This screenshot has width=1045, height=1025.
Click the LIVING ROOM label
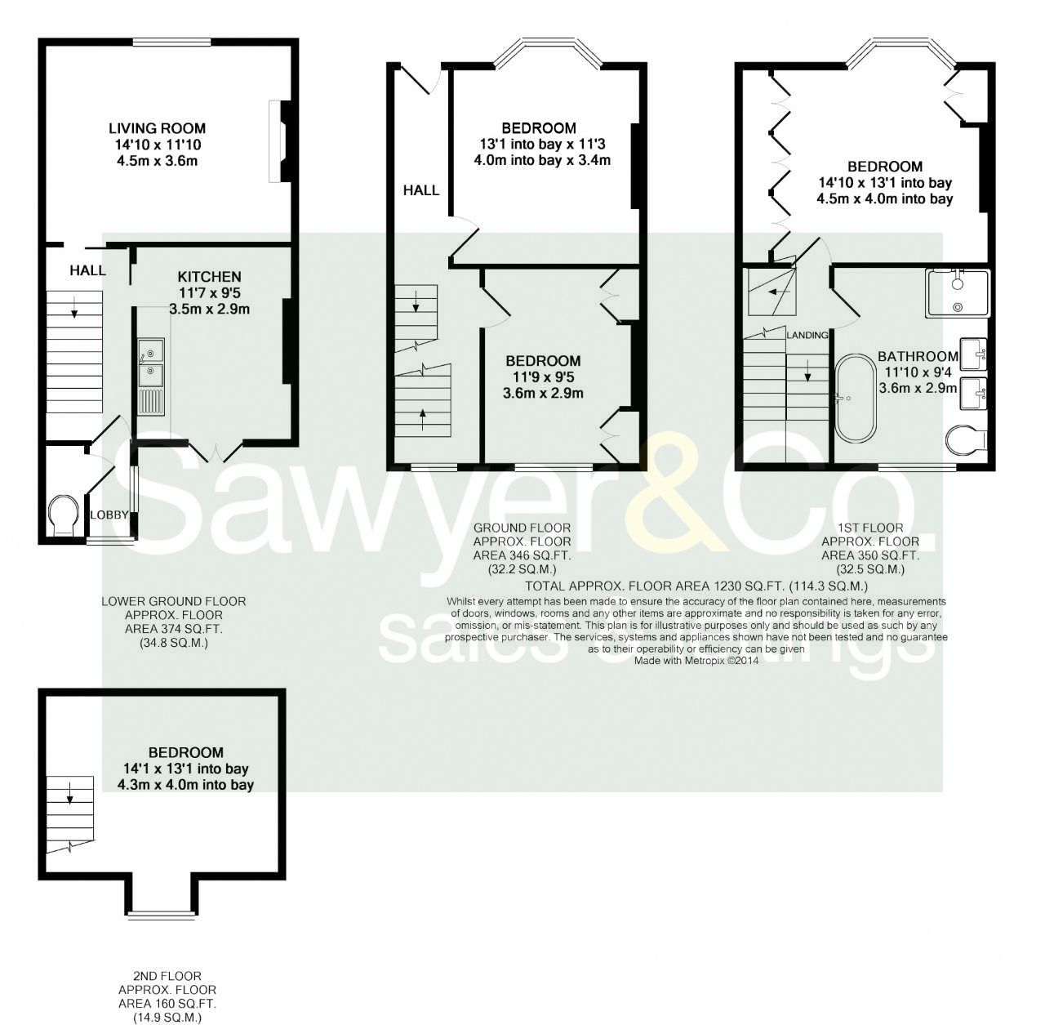click(x=157, y=128)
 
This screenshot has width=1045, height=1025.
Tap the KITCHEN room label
click(x=210, y=277)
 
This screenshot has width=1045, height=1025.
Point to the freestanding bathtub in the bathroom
click(x=855, y=399)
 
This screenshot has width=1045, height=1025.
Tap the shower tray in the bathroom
click(x=957, y=293)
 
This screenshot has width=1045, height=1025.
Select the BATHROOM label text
click(x=918, y=356)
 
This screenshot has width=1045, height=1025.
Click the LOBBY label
click(x=109, y=515)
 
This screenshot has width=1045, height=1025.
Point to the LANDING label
click(x=807, y=335)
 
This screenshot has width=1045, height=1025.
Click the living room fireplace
click(x=278, y=141)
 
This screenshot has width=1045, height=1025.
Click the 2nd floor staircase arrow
click(x=69, y=791)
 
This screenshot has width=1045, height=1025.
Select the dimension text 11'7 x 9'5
click(x=209, y=293)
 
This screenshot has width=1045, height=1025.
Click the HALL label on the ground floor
click(x=421, y=190)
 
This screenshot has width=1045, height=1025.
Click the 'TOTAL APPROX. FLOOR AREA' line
click(x=696, y=586)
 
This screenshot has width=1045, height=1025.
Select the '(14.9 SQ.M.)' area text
click(x=167, y=1018)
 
